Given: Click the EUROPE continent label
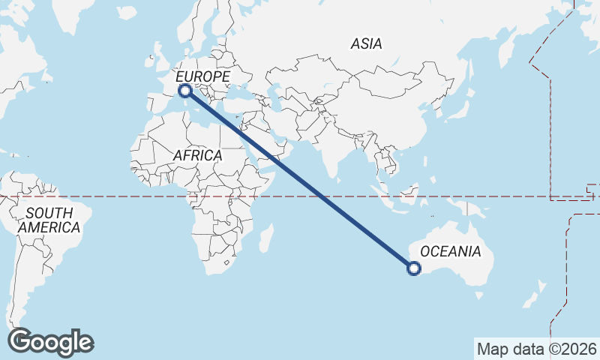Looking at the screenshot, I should point(202,76).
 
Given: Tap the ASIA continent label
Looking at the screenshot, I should point(366,43).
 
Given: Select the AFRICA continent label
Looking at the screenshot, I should point(197,155).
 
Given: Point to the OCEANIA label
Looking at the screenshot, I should point(450,251).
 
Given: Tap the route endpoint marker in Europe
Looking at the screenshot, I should point(184,91).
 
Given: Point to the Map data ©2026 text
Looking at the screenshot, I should point(537,349).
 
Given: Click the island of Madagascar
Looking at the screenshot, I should point(265,239).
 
